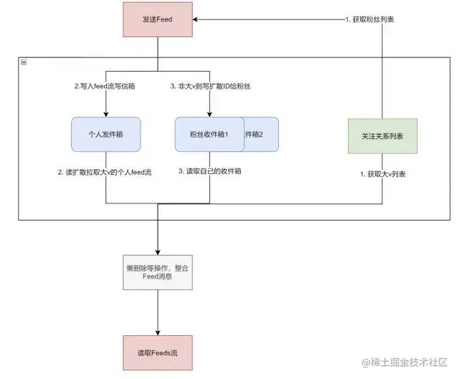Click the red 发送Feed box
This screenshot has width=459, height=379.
click(x=158, y=19)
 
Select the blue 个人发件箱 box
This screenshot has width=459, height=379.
click(x=105, y=134)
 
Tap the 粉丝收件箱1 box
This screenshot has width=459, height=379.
click(x=209, y=134)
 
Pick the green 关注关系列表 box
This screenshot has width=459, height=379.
click(x=382, y=135)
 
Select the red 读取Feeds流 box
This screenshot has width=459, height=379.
click(x=158, y=352)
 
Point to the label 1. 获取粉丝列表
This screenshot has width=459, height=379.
click(x=370, y=19)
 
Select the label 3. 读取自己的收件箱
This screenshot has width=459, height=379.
click(x=209, y=173)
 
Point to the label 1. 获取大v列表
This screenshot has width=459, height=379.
click(x=382, y=175)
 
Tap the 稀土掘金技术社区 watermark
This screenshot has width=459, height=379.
click(x=404, y=363)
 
